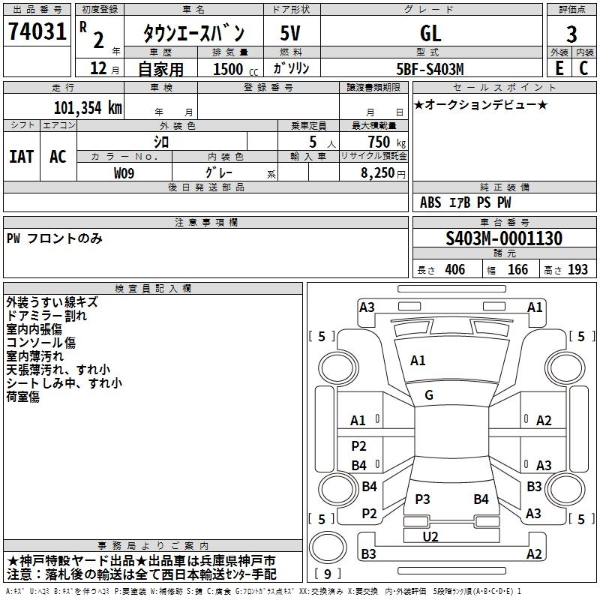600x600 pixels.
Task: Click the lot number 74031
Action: (x=37, y=31)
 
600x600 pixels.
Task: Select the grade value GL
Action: (x=430, y=33)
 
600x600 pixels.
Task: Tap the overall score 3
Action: (x=571, y=34)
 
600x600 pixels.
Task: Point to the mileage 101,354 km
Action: (x=88, y=108)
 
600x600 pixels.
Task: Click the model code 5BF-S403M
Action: (x=430, y=69)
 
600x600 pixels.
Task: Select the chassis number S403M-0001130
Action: (x=504, y=238)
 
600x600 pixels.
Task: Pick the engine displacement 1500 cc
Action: (x=235, y=69)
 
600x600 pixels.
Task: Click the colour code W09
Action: (x=124, y=173)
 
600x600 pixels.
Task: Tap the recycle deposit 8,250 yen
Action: (x=382, y=173)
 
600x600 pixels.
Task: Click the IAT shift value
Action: (x=22, y=157)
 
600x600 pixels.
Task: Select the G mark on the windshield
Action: (x=429, y=395)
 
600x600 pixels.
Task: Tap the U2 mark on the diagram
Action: (x=430, y=536)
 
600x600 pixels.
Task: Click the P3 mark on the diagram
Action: (x=422, y=499)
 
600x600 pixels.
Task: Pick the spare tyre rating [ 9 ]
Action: (x=328, y=574)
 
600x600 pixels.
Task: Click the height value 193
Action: (x=577, y=270)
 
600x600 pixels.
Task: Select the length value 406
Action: (x=454, y=270)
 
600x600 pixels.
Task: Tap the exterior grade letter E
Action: (x=559, y=68)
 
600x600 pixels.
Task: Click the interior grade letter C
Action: (x=583, y=68)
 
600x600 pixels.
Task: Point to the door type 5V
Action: (x=290, y=33)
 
